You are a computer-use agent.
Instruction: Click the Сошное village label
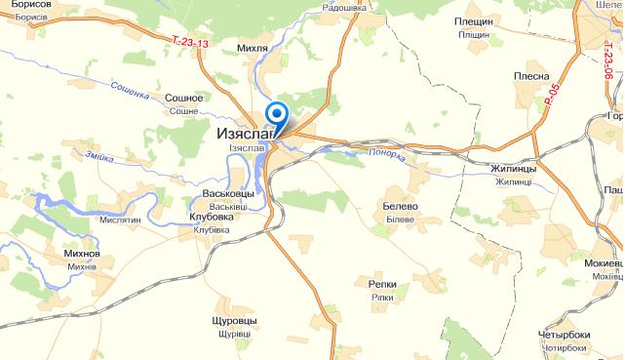[x=184, y=99]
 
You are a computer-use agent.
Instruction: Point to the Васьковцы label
[x=219, y=194]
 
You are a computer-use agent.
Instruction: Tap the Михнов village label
[x=81, y=254]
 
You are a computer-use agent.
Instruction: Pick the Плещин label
[x=473, y=21]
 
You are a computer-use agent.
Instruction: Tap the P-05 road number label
[x=554, y=94]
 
